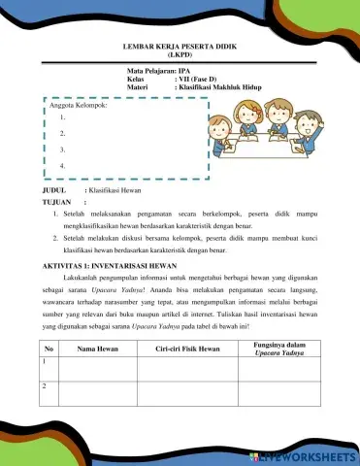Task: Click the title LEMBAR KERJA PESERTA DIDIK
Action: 180,47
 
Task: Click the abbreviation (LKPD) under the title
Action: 180,55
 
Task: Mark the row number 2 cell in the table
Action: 46,386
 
